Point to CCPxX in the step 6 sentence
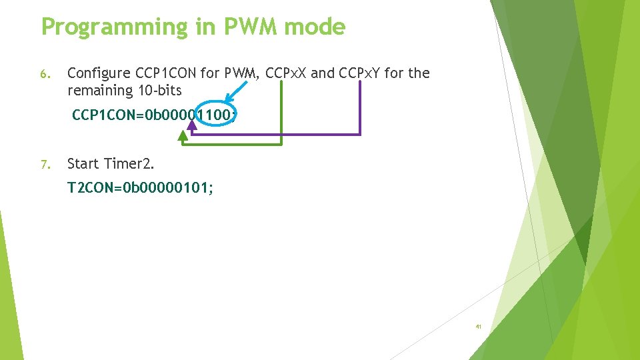point(286,73)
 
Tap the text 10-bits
point(159,90)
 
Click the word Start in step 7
point(83,164)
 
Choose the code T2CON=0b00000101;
point(141,189)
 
